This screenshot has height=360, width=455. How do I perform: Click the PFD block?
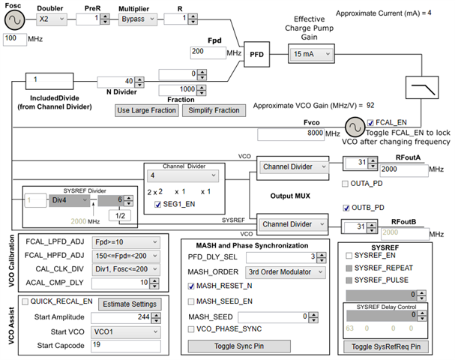pyautogui.click(x=256, y=55)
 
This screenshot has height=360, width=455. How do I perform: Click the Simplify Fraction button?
pyautogui.click(x=214, y=110)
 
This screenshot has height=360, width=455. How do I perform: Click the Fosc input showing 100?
pyautogui.click(x=15, y=37)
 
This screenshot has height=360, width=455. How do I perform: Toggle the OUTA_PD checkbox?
pyautogui.click(x=345, y=184)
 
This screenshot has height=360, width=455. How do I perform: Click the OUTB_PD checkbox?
pyautogui.click(x=346, y=208)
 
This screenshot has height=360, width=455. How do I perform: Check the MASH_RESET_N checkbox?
pyautogui.click(x=191, y=286)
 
